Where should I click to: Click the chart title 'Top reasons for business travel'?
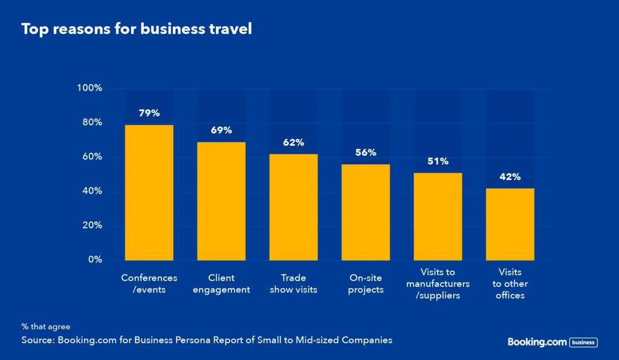[x=136, y=29]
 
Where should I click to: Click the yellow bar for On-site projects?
[x=366, y=212]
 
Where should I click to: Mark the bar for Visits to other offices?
[x=510, y=224]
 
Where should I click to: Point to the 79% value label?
[x=149, y=113]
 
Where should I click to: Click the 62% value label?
[x=293, y=143]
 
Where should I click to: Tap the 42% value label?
[x=510, y=177]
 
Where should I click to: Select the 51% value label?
[x=438, y=161]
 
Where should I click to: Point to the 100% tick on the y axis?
[x=89, y=88]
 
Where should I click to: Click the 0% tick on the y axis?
[x=94, y=260]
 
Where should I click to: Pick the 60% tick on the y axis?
[x=92, y=157]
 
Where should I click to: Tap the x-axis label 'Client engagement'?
[x=221, y=284]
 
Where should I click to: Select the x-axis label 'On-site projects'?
[x=366, y=284]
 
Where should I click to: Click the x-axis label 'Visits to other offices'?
[x=510, y=284]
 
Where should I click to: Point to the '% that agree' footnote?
[x=46, y=327]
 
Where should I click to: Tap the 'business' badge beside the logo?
[x=583, y=342]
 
